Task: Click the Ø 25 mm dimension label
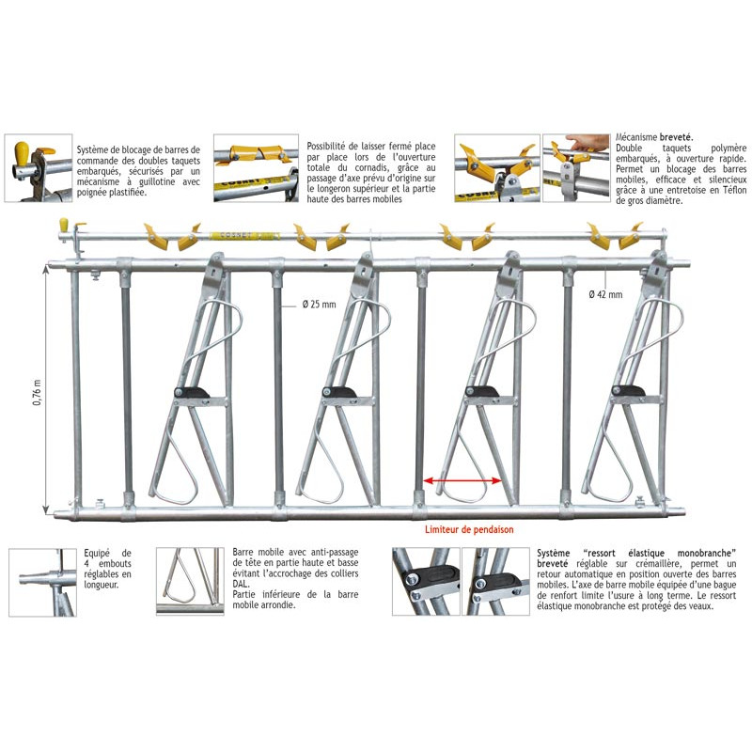(319, 304)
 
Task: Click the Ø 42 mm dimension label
(605, 294)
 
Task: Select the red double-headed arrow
(462, 480)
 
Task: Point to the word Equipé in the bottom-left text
(97, 554)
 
